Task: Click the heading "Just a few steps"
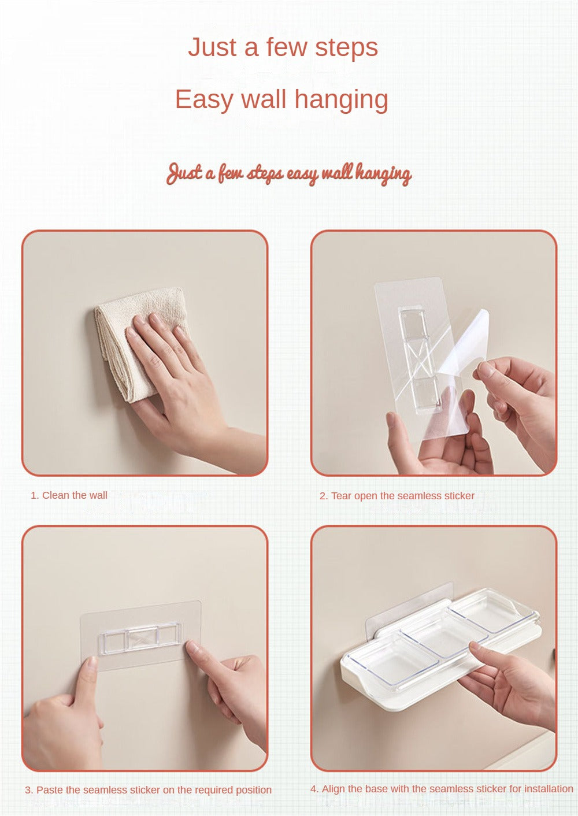tap(283, 47)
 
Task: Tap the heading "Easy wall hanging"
tap(281, 99)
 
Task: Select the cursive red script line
tap(289, 174)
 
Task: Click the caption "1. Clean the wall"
tap(69, 495)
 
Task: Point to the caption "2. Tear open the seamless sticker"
tap(397, 496)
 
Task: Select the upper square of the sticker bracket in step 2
tap(414, 323)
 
